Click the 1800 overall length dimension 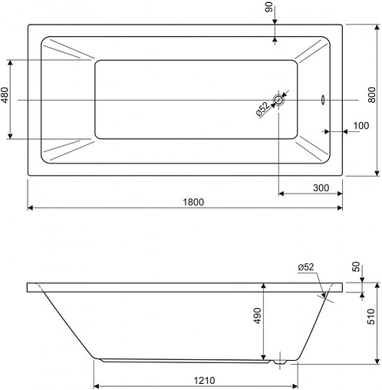point(193,202)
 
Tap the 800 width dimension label point(372,95)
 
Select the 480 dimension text point(5,95)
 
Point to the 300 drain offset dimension point(321,188)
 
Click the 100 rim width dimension point(361,126)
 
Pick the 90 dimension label point(268,7)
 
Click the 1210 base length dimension point(204,381)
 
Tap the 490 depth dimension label point(258,316)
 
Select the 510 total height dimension point(371,316)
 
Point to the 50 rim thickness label point(356,266)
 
